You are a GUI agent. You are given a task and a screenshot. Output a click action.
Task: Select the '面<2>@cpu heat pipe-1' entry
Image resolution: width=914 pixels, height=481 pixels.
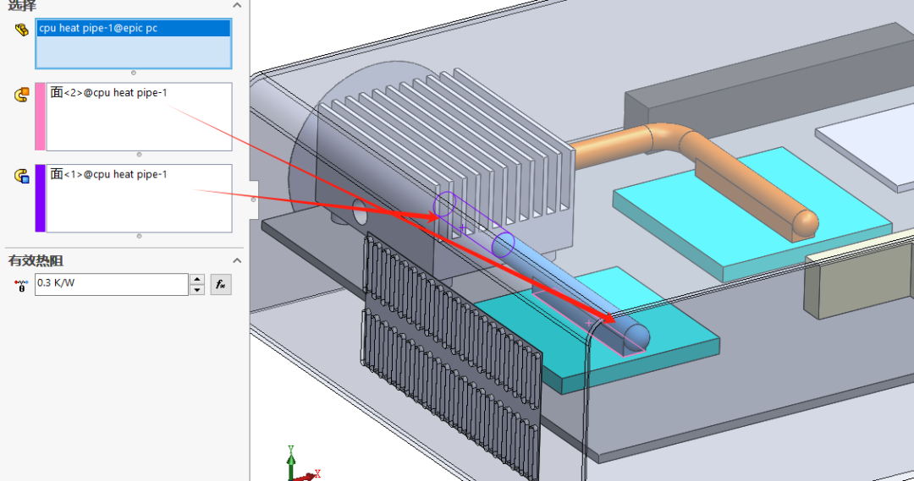[x=108, y=92]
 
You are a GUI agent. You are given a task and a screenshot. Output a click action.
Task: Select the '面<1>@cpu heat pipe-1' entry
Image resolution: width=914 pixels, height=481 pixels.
[x=108, y=174]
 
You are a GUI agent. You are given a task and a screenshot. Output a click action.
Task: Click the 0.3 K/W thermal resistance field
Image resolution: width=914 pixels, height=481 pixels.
[x=110, y=283]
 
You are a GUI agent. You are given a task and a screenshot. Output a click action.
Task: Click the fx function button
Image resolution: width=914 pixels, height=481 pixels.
[x=220, y=284]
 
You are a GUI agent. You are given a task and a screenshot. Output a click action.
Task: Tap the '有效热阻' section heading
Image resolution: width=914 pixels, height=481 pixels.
[x=36, y=260]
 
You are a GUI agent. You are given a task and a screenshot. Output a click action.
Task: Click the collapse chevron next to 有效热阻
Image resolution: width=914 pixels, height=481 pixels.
[x=237, y=260]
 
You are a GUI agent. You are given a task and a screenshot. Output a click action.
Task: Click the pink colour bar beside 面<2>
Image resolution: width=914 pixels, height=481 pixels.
[x=40, y=117]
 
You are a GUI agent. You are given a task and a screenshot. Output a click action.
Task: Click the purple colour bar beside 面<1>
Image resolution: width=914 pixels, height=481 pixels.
[x=40, y=198]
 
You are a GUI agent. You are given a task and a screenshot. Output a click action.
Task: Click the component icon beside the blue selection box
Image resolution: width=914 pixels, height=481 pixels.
[x=21, y=30]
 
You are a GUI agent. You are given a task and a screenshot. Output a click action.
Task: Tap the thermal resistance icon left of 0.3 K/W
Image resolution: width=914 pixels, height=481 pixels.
[x=21, y=285]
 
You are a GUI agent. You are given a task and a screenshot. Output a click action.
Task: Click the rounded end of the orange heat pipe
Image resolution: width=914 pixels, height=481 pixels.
[x=806, y=221]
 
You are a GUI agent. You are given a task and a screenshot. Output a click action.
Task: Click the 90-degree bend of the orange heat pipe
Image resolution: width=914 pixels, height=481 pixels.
[x=669, y=137]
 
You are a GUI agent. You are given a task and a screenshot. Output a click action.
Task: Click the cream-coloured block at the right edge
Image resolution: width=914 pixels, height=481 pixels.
[x=855, y=279]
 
